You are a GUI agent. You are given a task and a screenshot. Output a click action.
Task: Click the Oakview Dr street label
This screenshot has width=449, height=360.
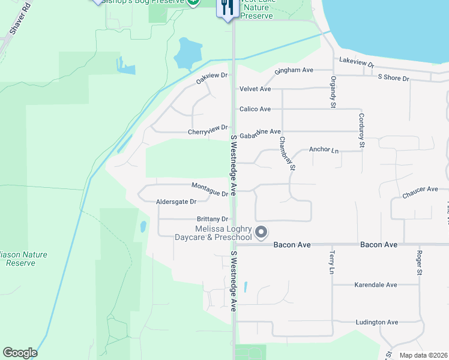pyautogui.click(x=212, y=76)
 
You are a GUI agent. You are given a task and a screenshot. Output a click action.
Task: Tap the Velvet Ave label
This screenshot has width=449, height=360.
pyautogui.click(x=255, y=89)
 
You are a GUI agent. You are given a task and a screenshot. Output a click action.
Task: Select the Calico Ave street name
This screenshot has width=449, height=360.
pyautogui.click(x=255, y=109)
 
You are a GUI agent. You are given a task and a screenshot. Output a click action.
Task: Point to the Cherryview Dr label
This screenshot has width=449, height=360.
pyautogui.click(x=208, y=128)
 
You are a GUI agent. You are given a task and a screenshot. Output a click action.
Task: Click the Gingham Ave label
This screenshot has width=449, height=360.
pyautogui.click(x=294, y=70)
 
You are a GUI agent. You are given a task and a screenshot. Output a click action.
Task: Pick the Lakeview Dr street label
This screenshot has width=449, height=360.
pyautogui.click(x=357, y=62)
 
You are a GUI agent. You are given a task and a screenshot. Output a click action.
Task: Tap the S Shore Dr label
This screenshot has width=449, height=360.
pyautogui.click(x=393, y=79)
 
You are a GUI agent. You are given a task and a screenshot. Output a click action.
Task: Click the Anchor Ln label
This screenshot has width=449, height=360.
pyautogui.click(x=324, y=150)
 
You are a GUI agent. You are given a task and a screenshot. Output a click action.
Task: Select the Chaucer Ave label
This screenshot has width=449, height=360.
pyautogui.click(x=420, y=190)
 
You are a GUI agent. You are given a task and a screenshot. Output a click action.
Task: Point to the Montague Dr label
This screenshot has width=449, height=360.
pyautogui.click(x=210, y=190)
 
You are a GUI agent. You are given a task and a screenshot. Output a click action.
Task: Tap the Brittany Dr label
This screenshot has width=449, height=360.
pyautogui.click(x=212, y=220)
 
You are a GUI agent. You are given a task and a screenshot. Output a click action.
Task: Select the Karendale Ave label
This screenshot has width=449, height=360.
pyautogui.click(x=376, y=284)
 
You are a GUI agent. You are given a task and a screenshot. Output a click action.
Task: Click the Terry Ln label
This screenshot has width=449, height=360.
pyautogui.click(x=331, y=263)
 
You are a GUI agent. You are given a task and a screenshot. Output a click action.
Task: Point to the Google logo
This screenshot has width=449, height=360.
pyautogui.click(x=20, y=353)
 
